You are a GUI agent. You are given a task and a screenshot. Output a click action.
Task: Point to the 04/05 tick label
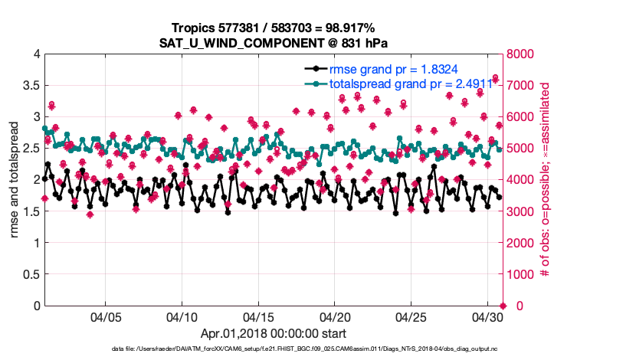coord(106,317)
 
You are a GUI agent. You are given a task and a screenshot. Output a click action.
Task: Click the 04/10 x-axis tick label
coord(182,317)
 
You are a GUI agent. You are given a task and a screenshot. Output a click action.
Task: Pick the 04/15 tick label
coord(258,317)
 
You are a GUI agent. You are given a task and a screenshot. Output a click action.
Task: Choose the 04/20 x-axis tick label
coord(335,317)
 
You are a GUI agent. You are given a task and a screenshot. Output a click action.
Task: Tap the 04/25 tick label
coord(411,317)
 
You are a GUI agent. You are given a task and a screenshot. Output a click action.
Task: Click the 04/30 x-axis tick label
coord(487,317)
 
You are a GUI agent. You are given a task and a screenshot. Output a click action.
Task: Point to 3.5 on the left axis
coord(31,86)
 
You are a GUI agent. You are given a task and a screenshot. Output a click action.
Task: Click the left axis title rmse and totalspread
coord(14,180)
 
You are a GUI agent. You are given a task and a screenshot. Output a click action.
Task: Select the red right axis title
coord(546,180)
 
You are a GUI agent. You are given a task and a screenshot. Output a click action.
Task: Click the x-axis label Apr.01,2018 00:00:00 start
coord(274,333)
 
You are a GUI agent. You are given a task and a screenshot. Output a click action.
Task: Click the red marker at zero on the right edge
coord(503,306)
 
